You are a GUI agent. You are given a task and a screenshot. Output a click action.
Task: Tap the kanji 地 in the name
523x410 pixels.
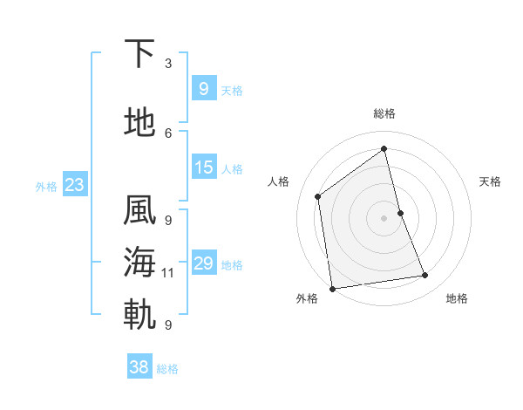[139, 123]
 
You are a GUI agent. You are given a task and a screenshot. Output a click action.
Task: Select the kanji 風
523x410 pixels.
[139, 212]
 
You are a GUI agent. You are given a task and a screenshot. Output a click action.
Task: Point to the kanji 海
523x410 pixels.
[139, 263]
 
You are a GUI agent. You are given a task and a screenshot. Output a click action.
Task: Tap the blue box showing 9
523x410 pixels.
[202, 88]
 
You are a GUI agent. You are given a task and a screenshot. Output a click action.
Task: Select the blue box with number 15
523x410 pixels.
[202, 167]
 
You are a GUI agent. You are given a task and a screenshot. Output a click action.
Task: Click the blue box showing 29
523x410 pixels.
[202, 263]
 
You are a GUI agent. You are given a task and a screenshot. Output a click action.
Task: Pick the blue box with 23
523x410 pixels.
[74, 185]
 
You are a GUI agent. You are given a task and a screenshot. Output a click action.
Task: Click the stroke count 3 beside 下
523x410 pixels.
[168, 63]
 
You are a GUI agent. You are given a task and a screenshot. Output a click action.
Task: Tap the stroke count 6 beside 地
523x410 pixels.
[168, 133]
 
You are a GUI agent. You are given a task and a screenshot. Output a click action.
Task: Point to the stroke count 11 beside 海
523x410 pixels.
[168, 273]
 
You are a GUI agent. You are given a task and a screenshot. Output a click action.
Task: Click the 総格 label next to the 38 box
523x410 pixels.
[167, 369]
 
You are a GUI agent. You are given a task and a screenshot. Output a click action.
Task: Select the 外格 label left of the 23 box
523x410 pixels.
[46, 186]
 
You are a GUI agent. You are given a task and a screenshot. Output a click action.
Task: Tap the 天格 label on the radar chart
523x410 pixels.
[491, 181]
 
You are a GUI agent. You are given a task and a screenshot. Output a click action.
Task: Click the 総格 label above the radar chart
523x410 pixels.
[384, 113]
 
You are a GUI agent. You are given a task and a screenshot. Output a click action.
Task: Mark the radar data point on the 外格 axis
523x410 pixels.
[332, 289]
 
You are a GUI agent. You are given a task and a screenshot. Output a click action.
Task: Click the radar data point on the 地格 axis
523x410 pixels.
[425, 276]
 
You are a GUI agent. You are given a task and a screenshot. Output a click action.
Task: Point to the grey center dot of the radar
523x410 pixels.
[384, 217]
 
